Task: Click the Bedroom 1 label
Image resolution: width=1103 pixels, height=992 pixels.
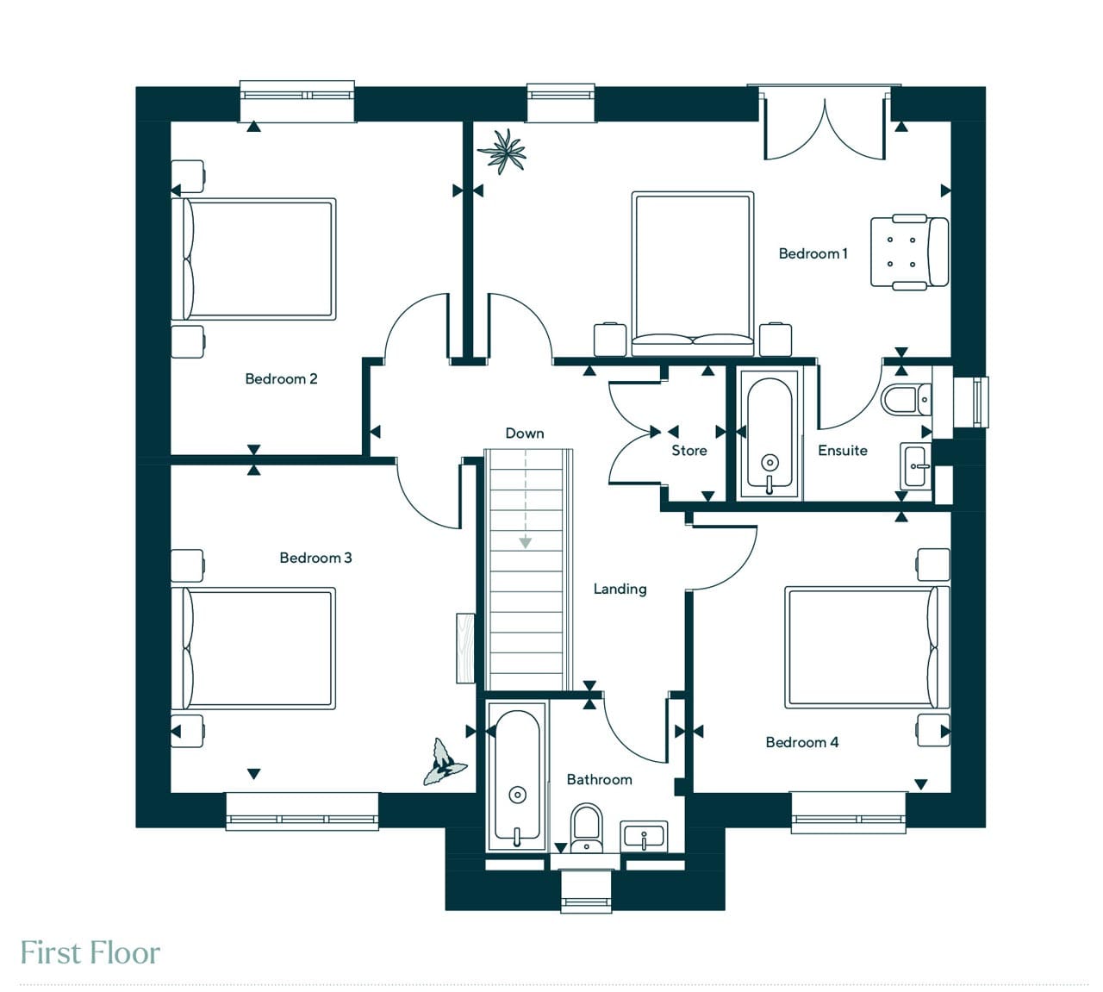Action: coord(813,253)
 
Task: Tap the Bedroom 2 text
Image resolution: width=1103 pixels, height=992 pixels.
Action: coord(281,378)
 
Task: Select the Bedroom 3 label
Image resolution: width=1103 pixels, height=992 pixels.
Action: coord(315,558)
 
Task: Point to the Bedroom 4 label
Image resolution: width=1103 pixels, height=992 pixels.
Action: coord(801,742)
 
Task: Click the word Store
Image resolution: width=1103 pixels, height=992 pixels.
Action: coord(689,451)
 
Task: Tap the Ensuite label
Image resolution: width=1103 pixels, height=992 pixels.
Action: coord(843,451)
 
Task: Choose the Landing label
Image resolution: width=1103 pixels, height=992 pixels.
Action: coord(620,590)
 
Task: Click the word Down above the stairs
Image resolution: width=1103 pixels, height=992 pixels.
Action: coord(525,434)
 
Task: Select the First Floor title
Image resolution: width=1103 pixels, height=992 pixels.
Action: coord(90,953)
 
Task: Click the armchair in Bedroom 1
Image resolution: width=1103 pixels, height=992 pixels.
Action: coord(909,252)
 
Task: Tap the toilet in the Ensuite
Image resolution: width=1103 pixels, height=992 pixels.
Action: coord(906,399)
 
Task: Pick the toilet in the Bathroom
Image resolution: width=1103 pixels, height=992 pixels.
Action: coord(587,828)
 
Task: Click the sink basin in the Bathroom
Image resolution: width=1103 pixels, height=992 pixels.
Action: coord(644,837)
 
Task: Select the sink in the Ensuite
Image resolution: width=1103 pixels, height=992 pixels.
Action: coord(915,466)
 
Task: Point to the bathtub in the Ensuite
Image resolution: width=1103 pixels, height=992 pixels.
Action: coord(770,435)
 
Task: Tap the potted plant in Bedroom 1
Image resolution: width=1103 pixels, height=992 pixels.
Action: coord(502,152)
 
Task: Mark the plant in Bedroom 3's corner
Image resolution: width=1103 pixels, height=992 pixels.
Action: coord(445,762)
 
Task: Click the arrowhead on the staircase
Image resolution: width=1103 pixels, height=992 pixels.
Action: coord(525,543)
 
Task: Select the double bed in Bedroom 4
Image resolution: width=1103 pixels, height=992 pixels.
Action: coord(868,647)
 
